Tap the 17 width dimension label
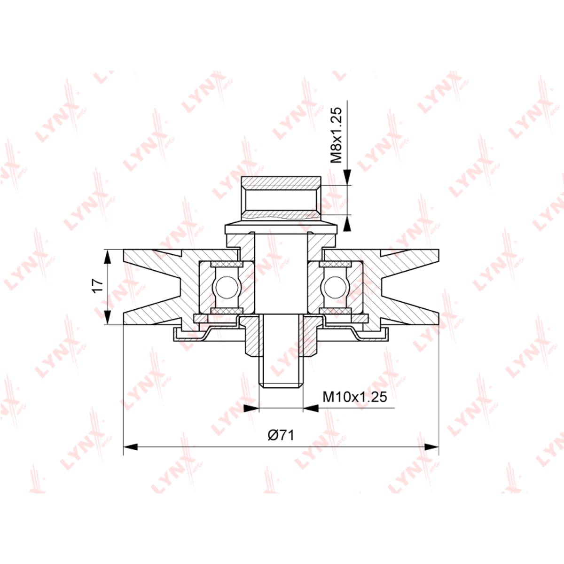(98, 287)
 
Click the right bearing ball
(333, 287)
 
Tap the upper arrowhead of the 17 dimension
(108, 257)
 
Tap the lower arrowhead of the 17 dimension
(108, 317)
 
